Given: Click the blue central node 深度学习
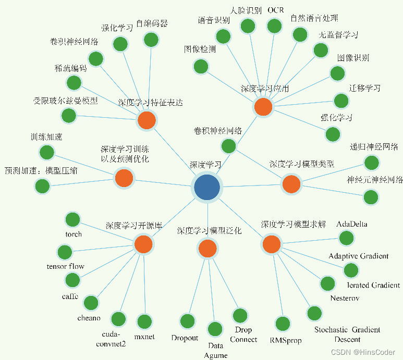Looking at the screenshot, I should click(207, 187).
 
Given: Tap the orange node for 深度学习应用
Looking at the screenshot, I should click(263, 107).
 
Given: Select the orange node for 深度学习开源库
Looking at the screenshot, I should click(143, 244).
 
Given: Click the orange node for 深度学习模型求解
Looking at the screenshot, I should click(272, 244).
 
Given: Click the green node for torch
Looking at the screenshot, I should click(72, 219).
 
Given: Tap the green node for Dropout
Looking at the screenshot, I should click(187, 321).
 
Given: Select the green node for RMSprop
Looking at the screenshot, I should click(283, 324).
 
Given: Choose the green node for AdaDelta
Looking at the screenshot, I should click(346, 238).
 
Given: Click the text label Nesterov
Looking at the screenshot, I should click(345, 299).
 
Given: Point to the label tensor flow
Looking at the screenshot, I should click(65, 267).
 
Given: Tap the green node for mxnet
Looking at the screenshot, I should click(143, 321).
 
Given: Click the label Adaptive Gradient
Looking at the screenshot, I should click(358, 256).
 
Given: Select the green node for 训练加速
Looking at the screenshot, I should click(47, 152).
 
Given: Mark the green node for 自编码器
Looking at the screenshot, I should click(151, 39).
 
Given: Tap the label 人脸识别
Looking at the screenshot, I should click(246, 10).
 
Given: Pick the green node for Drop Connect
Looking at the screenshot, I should click(240, 315).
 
